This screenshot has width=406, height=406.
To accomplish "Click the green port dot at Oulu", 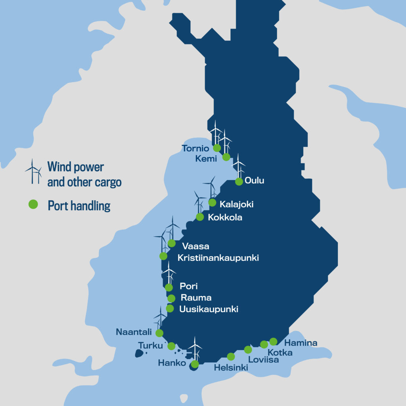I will pyautogui.click(x=239, y=182).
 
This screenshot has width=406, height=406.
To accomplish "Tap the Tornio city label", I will pyautogui.click(x=195, y=149).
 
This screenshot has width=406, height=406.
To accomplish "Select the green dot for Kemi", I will pyautogui.click(x=226, y=157).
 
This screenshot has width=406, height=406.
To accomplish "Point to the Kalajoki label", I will pyautogui.click(x=236, y=205).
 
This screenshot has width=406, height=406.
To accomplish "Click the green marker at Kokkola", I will pyautogui.click(x=200, y=217).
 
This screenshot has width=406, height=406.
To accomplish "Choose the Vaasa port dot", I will pyautogui.click(x=172, y=243).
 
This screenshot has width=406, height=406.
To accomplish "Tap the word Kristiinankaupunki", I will pyautogui.click(x=218, y=258).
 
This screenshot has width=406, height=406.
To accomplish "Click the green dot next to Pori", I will pyautogui.click(x=169, y=287).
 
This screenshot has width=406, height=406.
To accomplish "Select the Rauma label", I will pyautogui.click(x=196, y=298).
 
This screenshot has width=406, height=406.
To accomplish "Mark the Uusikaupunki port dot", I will pyautogui.click(x=170, y=308).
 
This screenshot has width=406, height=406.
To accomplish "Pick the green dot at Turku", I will pyautogui.click(x=171, y=346).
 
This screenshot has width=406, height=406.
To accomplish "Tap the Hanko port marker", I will pyautogui.click(x=195, y=364).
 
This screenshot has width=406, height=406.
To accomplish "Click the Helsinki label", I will pyautogui.click(x=231, y=368).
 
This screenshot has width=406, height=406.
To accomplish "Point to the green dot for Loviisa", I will pyautogui.click(x=248, y=349).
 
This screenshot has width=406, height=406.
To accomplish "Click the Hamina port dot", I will pyautogui.click(x=273, y=341).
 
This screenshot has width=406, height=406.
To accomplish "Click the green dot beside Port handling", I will pyautogui.click(x=33, y=204).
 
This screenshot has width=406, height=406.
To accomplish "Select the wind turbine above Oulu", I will pyautogui.click(x=239, y=166).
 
